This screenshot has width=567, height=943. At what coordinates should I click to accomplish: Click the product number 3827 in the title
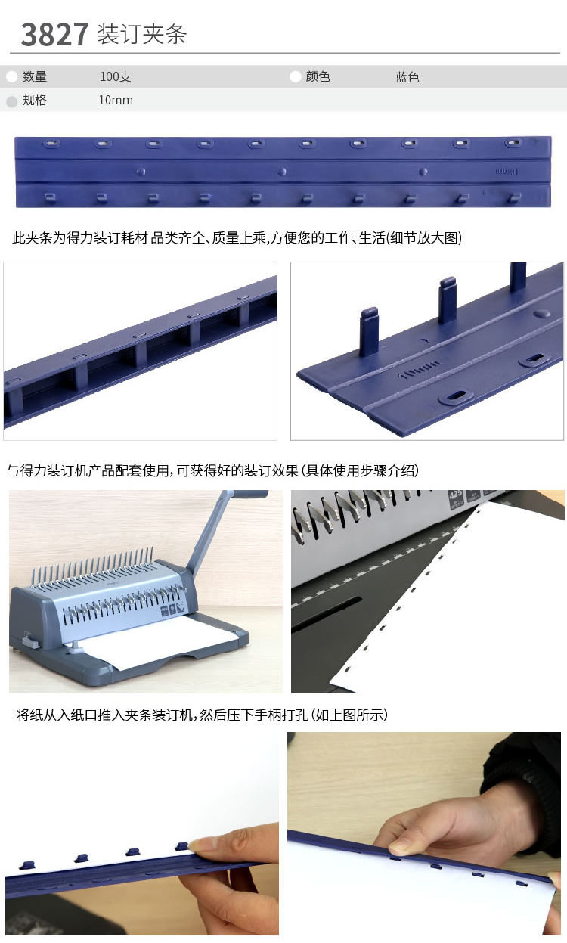[x=54, y=35]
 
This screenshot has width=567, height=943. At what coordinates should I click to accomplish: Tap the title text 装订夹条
[x=142, y=34]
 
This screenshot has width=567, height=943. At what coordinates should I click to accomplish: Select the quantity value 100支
[x=116, y=76]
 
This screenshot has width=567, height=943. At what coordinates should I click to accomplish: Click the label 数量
[x=35, y=76]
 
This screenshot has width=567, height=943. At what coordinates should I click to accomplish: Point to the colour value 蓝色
[x=407, y=77]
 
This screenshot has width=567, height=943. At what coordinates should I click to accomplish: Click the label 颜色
[x=318, y=76]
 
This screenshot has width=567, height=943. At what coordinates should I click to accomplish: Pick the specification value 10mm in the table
[x=116, y=100]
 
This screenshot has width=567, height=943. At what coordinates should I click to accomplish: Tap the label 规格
[x=35, y=100]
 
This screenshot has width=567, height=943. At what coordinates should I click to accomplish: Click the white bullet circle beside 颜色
[x=296, y=76]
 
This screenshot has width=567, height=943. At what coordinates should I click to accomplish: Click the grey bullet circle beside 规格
[x=12, y=101]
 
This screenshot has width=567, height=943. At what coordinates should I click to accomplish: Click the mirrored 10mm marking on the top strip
[x=507, y=172]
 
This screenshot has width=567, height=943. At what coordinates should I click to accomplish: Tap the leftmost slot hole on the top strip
[x=51, y=144]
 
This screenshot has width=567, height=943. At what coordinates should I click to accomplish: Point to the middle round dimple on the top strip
[x=283, y=172]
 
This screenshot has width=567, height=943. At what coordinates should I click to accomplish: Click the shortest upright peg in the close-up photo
[x=369, y=331]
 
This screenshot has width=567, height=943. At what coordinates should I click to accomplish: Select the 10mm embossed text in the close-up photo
[x=421, y=369]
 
